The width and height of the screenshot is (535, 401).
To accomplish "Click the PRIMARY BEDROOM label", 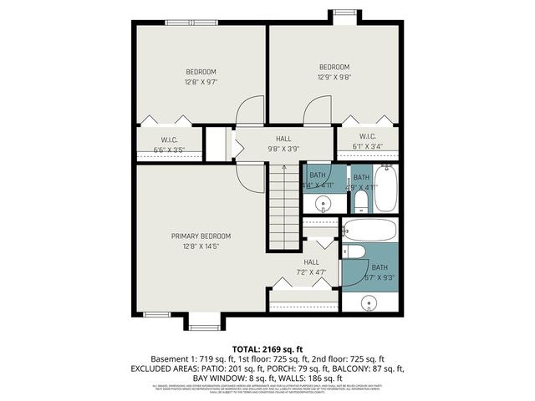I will [x=201, y=236].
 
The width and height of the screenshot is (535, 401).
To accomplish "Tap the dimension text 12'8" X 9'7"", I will [x=201, y=82].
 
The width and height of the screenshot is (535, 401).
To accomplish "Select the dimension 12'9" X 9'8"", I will [x=334, y=77].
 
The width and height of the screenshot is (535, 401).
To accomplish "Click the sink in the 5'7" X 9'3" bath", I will [x=369, y=302].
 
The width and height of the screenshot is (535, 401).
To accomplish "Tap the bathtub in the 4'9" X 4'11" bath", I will [x=385, y=189].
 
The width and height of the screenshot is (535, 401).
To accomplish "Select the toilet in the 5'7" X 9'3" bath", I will [x=354, y=253].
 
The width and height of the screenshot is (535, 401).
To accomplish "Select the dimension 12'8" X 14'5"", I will [x=201, y=246].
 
